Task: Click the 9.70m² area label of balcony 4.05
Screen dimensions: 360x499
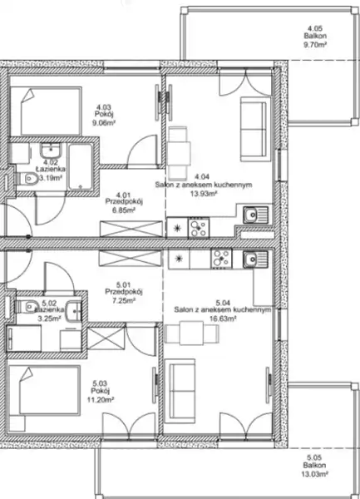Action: coord(315,45)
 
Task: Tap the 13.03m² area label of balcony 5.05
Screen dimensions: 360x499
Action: coord(314,474)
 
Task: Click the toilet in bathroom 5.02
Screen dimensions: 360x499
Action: coord(27,307)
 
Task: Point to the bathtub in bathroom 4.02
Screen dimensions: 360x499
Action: coord(81,167)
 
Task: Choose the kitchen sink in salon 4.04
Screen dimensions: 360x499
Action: coord(256,215)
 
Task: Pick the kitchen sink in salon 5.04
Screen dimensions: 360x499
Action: coord(256,259)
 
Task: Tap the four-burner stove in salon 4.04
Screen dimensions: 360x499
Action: coord(199,227)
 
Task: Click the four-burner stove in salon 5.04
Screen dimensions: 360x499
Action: coord(221,259)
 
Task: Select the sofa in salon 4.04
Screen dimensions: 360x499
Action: coord(254,129)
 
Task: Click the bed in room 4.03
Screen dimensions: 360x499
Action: coord(50,111)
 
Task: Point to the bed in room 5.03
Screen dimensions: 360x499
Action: coord(44,391)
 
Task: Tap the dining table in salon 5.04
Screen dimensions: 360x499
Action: coord(192,333)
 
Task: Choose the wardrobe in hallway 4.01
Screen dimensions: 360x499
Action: coord(131,229)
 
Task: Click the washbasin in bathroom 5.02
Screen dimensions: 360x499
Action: coord(73,310)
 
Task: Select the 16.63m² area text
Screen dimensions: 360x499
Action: coord(223,319)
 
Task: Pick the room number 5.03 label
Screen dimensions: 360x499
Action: coord(100,383)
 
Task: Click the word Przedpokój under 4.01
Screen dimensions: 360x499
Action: coord(124,202)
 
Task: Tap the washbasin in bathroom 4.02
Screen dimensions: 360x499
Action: coord(51,150)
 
